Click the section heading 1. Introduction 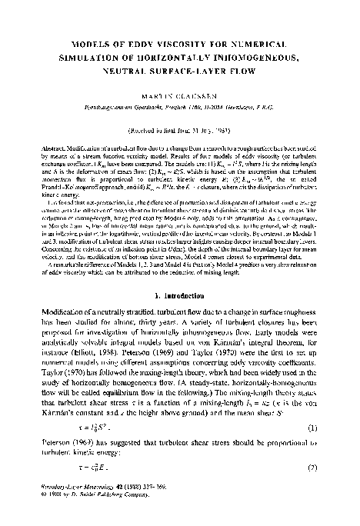(x=180, y=274)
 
